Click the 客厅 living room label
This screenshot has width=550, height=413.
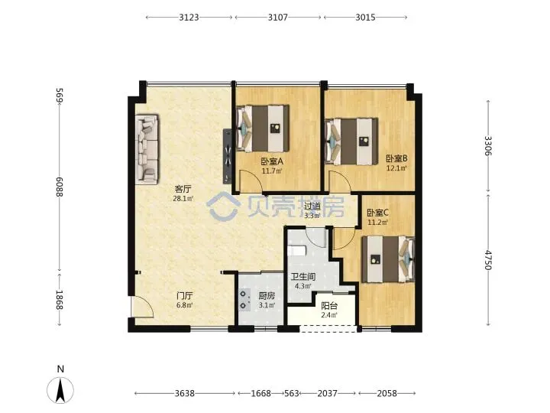click(183, 190)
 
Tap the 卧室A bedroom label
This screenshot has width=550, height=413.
click(272, 161)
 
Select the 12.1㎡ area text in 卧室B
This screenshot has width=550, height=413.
click(396, 168)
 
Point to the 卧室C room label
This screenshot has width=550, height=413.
click(378, 213)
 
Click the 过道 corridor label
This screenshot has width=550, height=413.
click(312, 206)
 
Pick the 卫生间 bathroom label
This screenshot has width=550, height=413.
click(303, 277)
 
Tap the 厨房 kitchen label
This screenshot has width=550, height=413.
click(267, 296)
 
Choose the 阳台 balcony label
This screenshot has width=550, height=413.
click(329, 306)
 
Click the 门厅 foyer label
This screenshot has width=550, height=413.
click(185, 296)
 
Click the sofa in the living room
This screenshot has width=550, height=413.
click(147, 149)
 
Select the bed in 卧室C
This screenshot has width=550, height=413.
click(388, 259)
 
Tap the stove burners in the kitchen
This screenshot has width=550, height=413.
click(244, 300)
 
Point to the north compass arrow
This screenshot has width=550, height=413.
click(60, 390)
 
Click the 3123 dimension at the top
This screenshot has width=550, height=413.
click(189, 17)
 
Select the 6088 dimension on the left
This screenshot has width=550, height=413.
click(60, 187)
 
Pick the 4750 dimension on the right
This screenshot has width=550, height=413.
click(488, 260)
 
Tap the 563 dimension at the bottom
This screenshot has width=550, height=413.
click(291, 393)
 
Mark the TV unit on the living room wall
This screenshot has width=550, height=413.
click(228, 156)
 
